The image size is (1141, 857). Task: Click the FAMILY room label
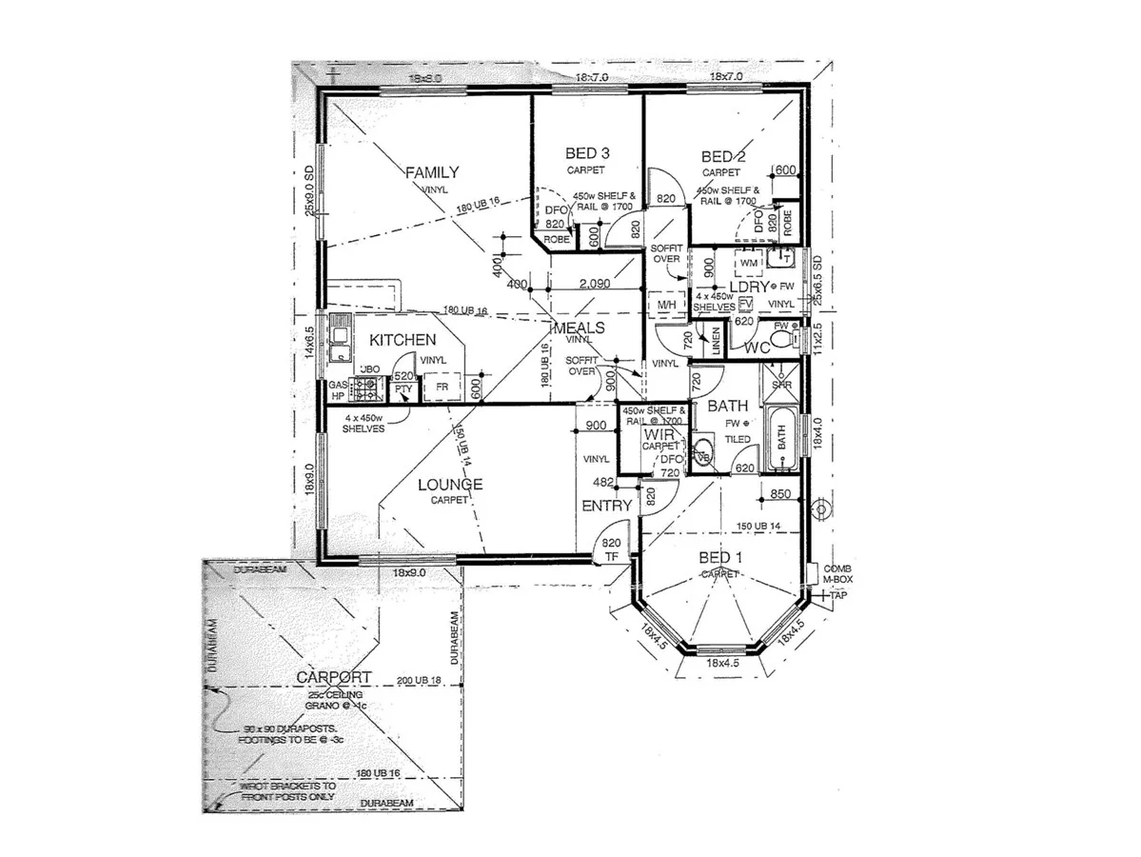[432, 172]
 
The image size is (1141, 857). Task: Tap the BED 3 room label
[587, 152]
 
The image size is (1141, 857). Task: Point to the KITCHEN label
[403, 340]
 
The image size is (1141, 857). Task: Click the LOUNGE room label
[450, 484]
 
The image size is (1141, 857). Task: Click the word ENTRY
[607, 506]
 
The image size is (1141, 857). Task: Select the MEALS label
[579, 328]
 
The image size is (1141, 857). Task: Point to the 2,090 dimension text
[594, 284]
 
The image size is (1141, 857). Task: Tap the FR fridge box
[442, 389]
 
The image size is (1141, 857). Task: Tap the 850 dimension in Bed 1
[780, 494]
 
